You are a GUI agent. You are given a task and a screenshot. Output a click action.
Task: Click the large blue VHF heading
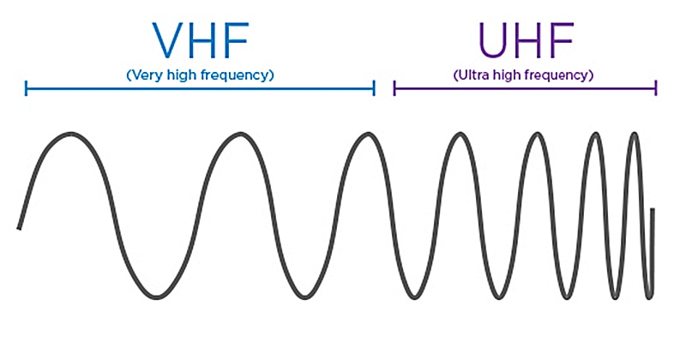point(200,39)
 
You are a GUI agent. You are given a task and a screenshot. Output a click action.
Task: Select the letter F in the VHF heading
point(238,39)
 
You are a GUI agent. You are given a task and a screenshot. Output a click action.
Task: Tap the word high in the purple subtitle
point(513,75)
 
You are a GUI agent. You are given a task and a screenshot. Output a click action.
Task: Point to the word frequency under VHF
point(237,75)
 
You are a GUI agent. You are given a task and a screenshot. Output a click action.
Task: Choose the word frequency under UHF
point(562,75)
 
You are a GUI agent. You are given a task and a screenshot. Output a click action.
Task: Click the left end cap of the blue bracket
point(27,87)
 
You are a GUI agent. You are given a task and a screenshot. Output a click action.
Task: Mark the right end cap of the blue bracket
point(375,87)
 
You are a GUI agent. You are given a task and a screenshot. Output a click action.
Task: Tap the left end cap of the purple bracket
point(394,87)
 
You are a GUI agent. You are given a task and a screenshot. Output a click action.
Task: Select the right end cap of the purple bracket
point(656,87)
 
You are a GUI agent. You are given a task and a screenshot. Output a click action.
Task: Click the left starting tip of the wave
point(19,228)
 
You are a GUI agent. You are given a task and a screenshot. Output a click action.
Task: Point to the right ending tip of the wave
point(653,210)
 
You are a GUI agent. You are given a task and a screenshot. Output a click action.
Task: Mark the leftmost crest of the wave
point(66,135)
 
